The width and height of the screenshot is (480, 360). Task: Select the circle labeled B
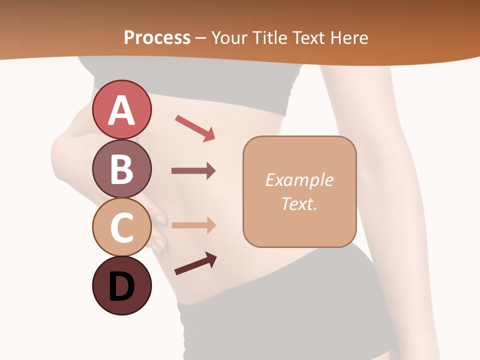tap(121, 168)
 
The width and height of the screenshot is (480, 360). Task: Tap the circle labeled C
tap(121, 227)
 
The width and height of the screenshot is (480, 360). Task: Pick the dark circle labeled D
tap(121, 286)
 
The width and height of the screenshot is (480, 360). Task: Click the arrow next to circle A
tap(195, 128)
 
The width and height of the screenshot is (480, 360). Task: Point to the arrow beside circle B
tap(193, 171)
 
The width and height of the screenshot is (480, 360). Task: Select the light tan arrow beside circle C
tap(193, 225)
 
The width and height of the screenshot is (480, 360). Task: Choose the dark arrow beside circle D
tap(195, 263)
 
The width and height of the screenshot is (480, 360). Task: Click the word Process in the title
tap(157, 37)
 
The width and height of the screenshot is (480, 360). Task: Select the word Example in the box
tap(299, 180)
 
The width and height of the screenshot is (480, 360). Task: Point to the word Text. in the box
tap(299, 203)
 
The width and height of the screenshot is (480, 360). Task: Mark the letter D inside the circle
tap(121, 287)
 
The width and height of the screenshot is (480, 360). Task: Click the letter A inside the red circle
tap(121, 111)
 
